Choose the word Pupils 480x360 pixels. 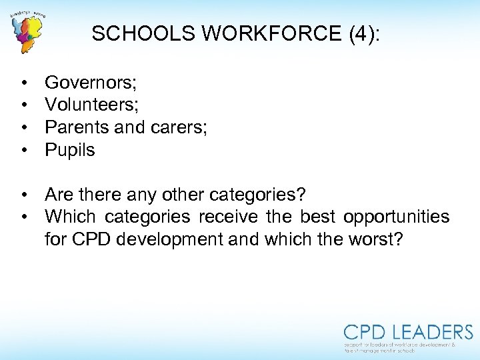point(70,150)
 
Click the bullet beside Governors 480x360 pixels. point(23,83)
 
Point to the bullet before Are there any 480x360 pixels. point(23,195)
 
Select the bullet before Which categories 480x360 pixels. point(23,217)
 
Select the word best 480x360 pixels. point(318,217)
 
